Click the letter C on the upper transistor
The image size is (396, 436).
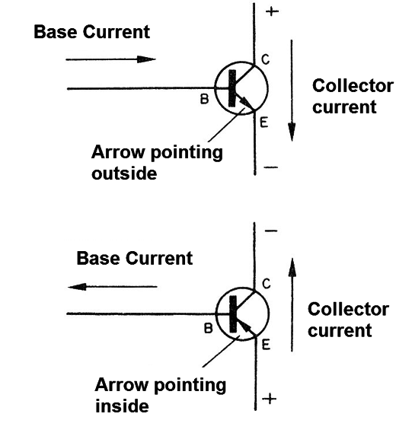click(x=266, y=60)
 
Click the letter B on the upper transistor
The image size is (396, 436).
click(x=205, y=99)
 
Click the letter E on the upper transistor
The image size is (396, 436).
click(x=263, y=123)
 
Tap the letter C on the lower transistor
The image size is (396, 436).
click(x=267, y=284)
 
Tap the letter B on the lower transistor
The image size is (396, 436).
click(x=209, y=329)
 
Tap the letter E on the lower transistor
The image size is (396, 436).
click(x=266, y=345)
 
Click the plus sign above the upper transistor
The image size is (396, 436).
click(x=272, y=11)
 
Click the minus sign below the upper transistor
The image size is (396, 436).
click(x=271, y=167)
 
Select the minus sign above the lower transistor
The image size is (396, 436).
click(x=271, y=231)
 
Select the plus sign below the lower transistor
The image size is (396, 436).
click(x=270, y=399)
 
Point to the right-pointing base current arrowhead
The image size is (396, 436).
click(x=146, y=59)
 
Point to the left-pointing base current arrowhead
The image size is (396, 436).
click(x=77, y=287)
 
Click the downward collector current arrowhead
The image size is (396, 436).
click(x=292, y=132)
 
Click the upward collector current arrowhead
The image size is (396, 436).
click(x=292, y=267)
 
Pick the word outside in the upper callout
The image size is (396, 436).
click(x=124, y=173)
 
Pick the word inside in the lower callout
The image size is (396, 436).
click(x=122, y=406)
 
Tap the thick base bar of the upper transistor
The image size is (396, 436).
click(x=232, y=88)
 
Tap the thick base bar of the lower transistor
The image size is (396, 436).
click(x=233, y=314)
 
